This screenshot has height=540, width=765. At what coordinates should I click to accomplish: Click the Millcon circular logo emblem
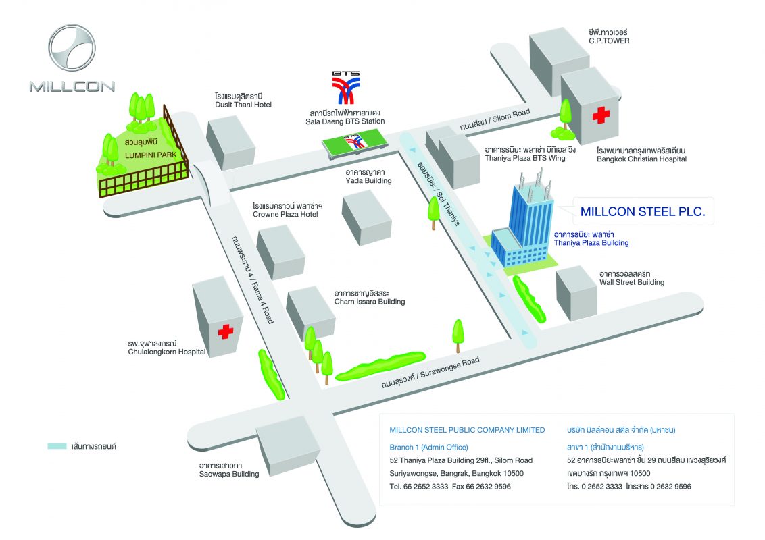pyautogui.click(x=72, y=48)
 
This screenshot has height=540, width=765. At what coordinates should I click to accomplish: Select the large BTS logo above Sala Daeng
pyautogui.click(x=346, y=88)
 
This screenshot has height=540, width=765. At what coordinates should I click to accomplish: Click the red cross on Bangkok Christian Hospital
pyautogui.click(x=601, y=115)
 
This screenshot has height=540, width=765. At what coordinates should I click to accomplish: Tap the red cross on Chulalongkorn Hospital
pyautogui.click(x=226, y=331)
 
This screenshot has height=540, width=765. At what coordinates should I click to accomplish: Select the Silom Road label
pyautogui.click(x=495, y=120)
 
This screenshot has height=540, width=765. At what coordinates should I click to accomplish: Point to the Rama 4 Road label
pyautogui.click(x=253, y=279)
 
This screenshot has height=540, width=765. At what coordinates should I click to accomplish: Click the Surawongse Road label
pyautogui.click(x=430, y=373)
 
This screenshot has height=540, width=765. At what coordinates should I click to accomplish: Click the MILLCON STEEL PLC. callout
pyautogui.click(x=643, y=211)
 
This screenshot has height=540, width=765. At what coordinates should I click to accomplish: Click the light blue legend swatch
pyautogui.click(x=57, y=446)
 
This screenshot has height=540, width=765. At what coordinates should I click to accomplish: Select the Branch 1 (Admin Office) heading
pyautogui.click(x=428, y=447)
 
